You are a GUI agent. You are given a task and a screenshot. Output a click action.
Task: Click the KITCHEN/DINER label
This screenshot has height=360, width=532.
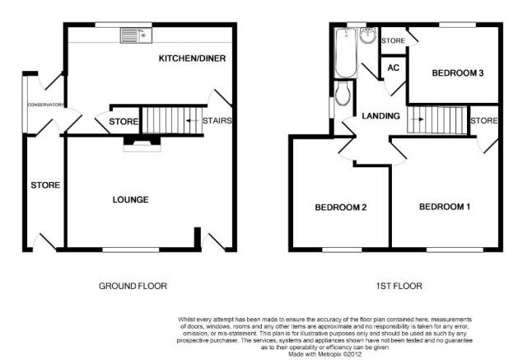click(192, 58)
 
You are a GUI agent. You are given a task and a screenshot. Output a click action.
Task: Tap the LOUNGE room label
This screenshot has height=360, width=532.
click(131, 199)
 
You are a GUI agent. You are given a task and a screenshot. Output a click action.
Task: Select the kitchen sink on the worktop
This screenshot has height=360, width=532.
click(136, 35)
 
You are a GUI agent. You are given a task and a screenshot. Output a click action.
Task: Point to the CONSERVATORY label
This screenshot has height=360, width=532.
click(45, 105)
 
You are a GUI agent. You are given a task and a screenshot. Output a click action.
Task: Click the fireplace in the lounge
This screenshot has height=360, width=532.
click(142, 143)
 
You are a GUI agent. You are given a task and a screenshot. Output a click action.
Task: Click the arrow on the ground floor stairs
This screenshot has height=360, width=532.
click(192, 120)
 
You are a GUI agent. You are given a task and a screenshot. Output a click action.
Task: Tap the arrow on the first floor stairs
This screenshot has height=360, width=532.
click(418, 119)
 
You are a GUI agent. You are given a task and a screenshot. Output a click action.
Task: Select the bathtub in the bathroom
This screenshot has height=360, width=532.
click(346, 53)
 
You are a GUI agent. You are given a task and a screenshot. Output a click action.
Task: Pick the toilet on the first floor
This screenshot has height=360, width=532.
click(344, 93)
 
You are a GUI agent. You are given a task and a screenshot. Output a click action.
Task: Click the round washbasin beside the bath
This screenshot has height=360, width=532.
click(368, 35)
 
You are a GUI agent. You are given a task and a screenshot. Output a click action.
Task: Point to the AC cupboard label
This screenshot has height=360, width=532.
click(393, 68)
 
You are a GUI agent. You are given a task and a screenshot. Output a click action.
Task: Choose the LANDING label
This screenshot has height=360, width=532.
click(380, 116)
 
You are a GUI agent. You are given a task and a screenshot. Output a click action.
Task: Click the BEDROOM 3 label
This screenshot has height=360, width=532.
click(458, 73)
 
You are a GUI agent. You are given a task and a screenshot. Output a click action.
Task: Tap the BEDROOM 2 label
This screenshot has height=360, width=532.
click(341, 208)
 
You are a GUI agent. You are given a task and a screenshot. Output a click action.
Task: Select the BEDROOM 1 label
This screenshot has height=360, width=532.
click(445, 207)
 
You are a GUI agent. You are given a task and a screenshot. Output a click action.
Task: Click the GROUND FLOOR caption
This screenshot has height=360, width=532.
click(133, 286)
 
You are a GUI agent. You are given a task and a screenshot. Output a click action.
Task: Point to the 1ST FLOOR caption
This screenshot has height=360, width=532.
click(399, 286)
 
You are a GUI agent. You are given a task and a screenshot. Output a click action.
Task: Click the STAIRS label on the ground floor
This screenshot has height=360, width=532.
click(217, 120)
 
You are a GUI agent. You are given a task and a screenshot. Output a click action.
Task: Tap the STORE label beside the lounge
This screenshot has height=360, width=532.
click(45, 185)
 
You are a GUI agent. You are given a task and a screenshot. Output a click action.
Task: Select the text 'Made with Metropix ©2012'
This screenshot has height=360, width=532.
click(325, 354)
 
